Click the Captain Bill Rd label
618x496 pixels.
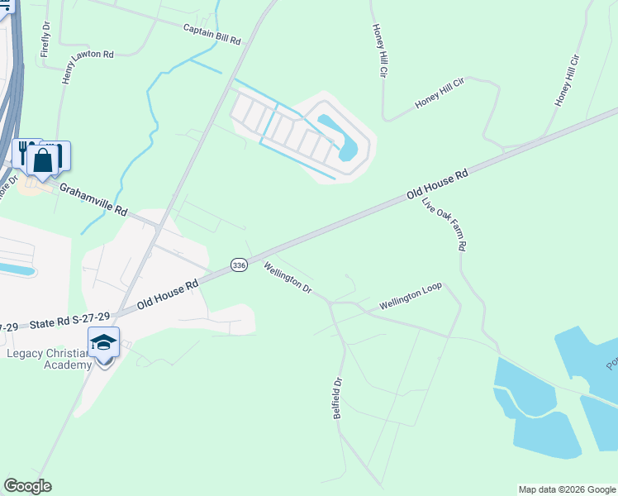tap(212, 34)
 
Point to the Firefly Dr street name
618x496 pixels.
tap(45, 40)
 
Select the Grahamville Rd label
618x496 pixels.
tap(93, 199)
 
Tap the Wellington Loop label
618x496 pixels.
tap(411, 296)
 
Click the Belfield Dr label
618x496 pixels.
tap(338, 399)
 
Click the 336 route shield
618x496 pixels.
tap(239, 265)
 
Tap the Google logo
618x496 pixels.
tap(27, 485)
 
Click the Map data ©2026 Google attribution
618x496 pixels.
tap(567, 489)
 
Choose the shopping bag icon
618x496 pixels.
tap(43, 160)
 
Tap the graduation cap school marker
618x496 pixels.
tap(104, 341)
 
